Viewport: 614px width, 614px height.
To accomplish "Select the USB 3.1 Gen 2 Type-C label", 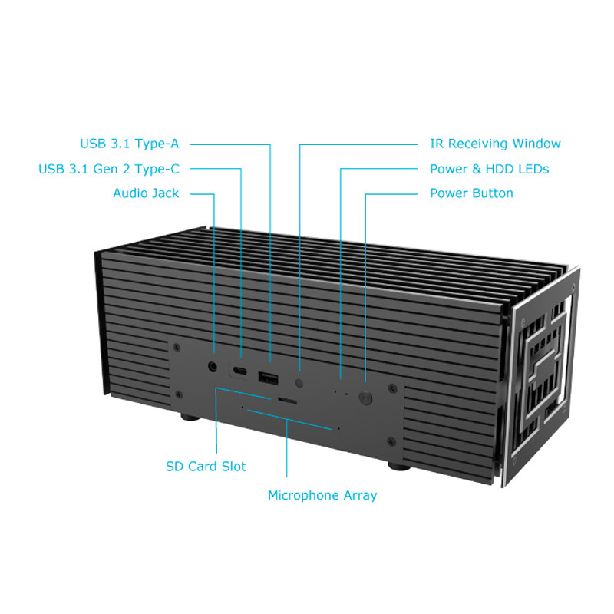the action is point(109,169).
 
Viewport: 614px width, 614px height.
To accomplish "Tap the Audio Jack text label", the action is point(146,193).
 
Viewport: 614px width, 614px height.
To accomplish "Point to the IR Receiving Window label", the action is point(495,144).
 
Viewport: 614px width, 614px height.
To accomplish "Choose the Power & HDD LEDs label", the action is point(489,169).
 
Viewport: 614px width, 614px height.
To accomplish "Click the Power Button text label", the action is point(471,193).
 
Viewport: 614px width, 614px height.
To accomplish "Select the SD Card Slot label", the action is point(206,467).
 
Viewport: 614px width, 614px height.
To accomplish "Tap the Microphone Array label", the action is point(322,496).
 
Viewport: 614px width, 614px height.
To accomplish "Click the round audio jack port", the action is point(213,367).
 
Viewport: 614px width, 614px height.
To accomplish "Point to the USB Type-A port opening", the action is point(269,378).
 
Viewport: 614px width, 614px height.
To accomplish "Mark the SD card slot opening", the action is point(287,401).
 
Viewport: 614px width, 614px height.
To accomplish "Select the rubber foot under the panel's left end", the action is point(187,418).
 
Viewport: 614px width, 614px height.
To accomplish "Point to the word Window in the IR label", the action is point(536,144).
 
